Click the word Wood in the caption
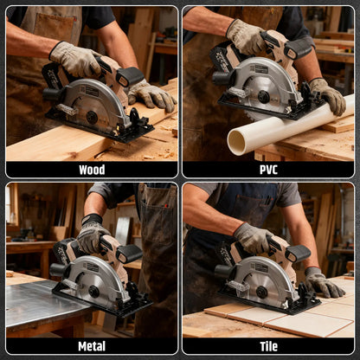tap(91, 170)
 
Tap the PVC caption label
tap(268, 170)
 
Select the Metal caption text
tap(91, 346)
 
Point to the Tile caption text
tap(268, 346)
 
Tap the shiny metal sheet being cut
tap(35, 304)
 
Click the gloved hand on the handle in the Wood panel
tap(76, 59)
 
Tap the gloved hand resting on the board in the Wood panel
tap(151, 95)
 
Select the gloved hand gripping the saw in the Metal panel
tap(91, 235)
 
